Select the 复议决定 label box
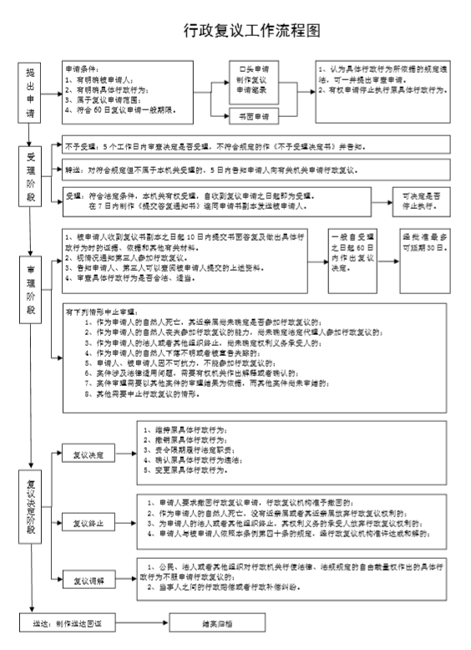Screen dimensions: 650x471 pyautogui.click(x=91, y=454)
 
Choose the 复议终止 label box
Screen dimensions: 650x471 pyautogui.click(x=91, y=524)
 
